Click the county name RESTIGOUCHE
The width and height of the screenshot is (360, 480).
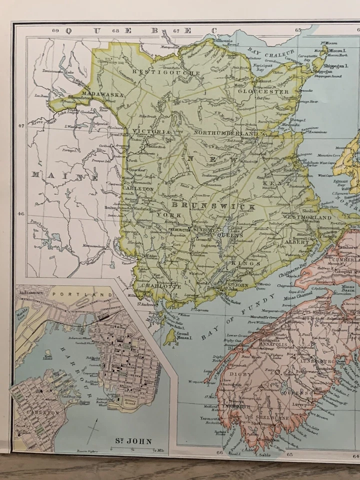[158, 72]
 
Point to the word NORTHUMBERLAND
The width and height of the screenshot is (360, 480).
[226, 133]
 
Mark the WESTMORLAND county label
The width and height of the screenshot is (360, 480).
[307, 218]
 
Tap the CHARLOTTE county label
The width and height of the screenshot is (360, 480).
[160, 286]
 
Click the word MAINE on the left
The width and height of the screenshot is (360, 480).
[65, 176]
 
